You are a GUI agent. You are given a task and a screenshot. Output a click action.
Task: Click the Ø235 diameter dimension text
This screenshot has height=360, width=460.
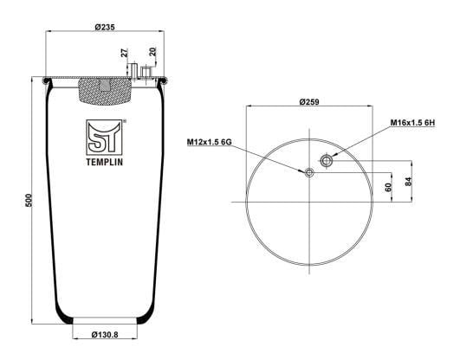(x=105, y=27)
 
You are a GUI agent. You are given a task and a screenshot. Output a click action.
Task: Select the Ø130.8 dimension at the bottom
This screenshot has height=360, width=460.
(x=105, y=335)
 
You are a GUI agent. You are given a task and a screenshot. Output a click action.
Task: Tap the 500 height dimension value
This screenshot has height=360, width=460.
(x=29, y=200)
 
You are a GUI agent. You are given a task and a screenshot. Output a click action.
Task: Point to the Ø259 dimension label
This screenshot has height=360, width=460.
(x=309, y=102)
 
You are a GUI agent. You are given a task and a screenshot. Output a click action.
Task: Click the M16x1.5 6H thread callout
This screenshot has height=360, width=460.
(x=412, y=123)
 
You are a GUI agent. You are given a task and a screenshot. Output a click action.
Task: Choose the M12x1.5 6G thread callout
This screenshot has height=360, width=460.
(x=210, y=142)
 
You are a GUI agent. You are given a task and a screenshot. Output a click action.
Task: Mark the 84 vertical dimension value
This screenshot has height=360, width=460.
(x=408, y=182)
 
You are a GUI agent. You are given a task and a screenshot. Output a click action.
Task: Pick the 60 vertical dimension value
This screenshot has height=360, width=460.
(x=388, y=187)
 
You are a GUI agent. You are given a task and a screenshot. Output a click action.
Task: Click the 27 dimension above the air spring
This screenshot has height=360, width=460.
(x=125, y=53)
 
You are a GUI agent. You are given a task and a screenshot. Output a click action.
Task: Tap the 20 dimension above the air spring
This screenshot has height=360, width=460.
(x=152, y=51)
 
